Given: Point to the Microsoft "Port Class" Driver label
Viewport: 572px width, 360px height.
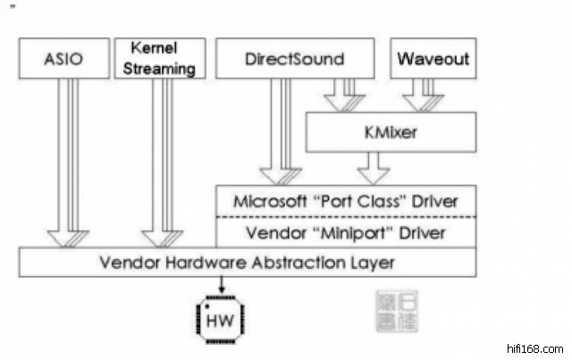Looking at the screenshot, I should tap(347, 200).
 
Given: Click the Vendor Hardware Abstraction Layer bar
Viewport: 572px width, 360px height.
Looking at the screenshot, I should tap(248, 263).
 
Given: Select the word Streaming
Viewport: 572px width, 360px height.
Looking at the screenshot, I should tap(163, 67).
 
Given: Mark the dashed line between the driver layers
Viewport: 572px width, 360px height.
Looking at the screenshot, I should tap(347, 216).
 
